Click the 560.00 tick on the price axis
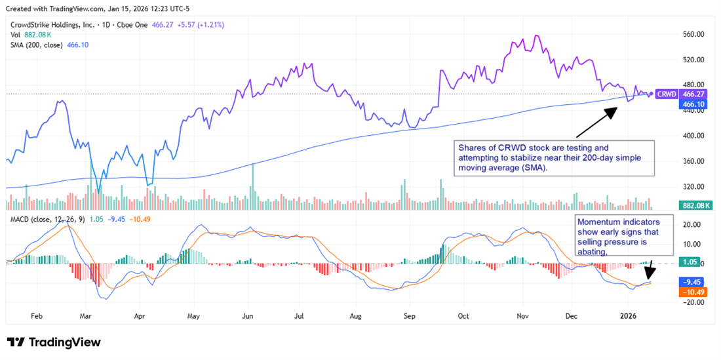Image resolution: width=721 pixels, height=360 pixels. [694, 34]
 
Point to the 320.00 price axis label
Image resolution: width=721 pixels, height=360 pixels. [694, 186]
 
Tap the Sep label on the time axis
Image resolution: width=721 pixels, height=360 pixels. [410, 315]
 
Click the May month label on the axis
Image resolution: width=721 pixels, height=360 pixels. [193, 315]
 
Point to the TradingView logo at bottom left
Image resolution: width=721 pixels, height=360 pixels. [54, 342]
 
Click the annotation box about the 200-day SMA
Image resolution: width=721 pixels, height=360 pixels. [555, 157]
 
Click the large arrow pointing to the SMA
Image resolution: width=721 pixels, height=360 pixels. [596, 121]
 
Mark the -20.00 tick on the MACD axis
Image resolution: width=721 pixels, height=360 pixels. [693, 302]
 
